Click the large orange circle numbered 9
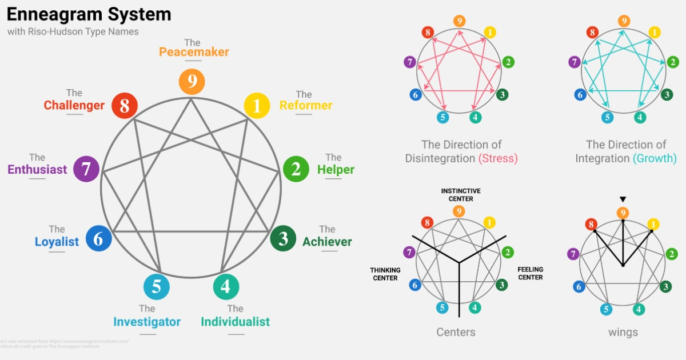tap(192, 82)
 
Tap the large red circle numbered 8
tap(125, 106)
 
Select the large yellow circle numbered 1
tap(257, 106)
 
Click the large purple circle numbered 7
tap(87, 169)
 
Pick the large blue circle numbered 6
tap(98, 239)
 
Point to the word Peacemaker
tap(194, 52)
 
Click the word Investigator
tap(147, 322)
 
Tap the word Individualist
tap(235, 322)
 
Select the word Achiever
tap(327, 242)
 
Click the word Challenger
tap(74, 106)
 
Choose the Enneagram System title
tap(89, 14)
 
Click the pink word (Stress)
tap(498, 158)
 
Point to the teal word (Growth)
tap(655, 158)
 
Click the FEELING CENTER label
tap(530, 273)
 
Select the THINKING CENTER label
tap(385, 274)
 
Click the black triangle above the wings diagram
tap(623, 199)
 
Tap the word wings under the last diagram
tap(623, 332)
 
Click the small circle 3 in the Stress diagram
tap(501, 95)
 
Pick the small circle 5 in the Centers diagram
tap(442, 308)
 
